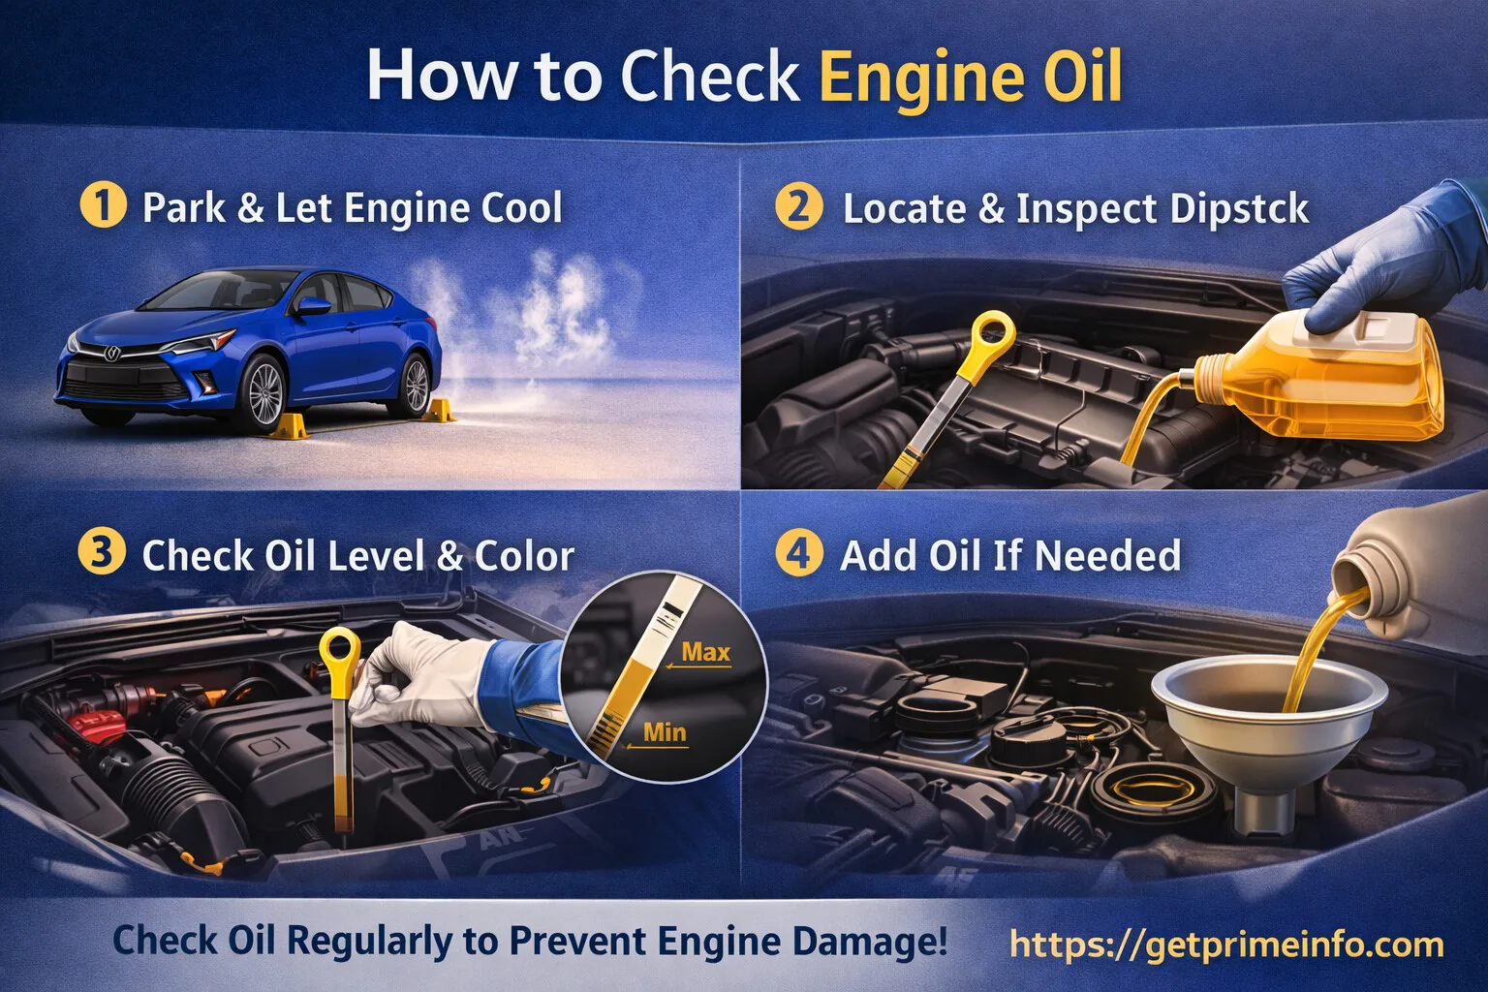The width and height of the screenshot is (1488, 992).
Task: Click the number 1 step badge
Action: pos(103,206)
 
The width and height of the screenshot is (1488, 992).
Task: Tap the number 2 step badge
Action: pos(799,207)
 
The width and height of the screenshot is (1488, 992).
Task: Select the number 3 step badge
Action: pos(102,554)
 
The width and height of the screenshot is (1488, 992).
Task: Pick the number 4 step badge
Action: pos(799,554)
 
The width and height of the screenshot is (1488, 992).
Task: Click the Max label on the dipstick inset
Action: pos(705,652)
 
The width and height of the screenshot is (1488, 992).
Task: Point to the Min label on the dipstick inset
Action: pos(665,732)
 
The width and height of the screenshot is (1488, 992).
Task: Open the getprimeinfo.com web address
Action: pos(1225,943)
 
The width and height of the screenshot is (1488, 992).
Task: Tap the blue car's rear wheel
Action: pos(416,384)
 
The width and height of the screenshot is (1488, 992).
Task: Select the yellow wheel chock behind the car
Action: pos(439,411)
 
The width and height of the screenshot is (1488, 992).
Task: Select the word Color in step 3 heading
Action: pos(524,556)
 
